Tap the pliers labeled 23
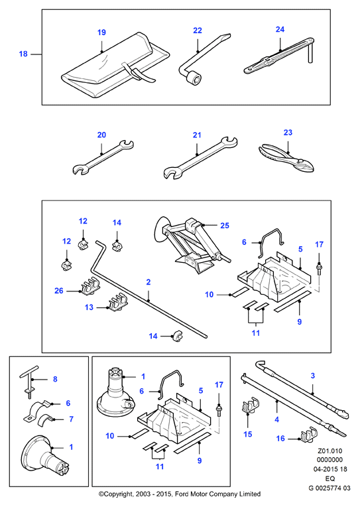click(286, 159)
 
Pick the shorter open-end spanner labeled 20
click(103, 157)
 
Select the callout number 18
click(23, 54)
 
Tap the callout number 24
click(280, 29)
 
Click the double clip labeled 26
click(90, 287)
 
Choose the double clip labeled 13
click(117, 303)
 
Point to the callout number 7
click(72, 419)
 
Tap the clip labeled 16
click(308, 435)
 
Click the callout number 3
click(312, 376)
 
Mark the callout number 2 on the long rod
click(149, 282)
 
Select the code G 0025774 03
click(329, 488)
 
